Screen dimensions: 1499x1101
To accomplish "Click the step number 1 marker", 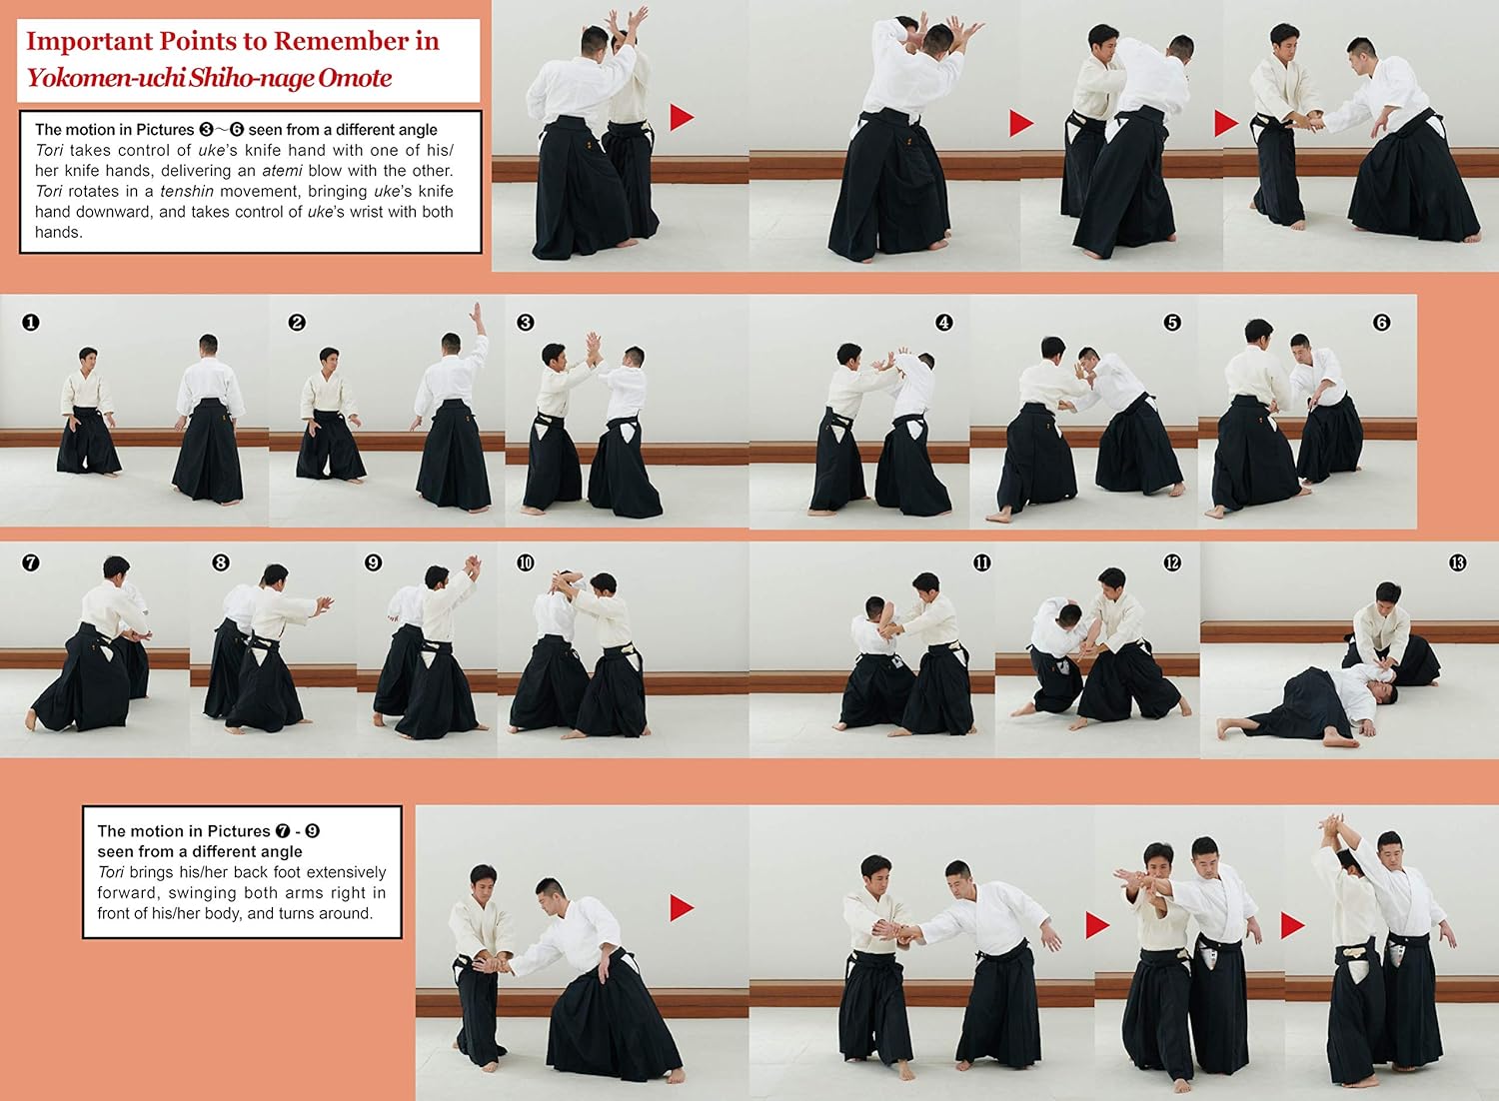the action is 31,323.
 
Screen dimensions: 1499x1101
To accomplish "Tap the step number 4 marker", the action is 943,323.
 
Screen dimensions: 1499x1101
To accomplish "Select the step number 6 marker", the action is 1382,323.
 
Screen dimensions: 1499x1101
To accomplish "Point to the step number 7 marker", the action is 31,562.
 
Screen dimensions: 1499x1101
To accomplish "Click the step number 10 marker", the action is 526,562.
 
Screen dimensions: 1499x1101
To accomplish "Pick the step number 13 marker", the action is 1457,562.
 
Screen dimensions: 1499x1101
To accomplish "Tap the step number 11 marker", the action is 981,562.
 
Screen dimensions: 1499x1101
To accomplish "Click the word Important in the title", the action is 88,42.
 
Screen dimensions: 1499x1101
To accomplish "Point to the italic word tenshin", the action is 187,191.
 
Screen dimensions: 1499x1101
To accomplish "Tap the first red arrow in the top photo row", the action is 682,117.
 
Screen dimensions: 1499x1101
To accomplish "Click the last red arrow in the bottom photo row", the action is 1292,925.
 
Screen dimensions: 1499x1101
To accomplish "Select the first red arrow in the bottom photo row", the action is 682,908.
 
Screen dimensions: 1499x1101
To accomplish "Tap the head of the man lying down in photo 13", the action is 1384,691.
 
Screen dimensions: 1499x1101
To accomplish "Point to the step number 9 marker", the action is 374,562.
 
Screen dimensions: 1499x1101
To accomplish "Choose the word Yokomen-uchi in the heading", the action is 105,78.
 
